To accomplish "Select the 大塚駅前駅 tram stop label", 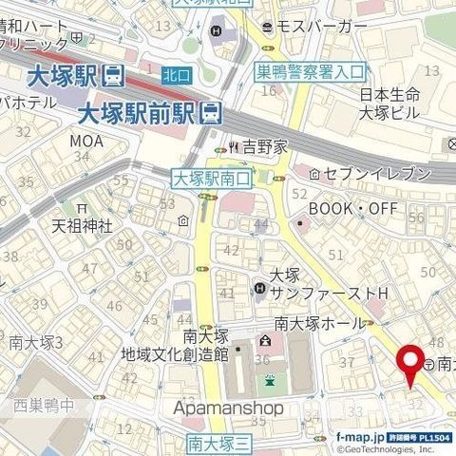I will (133, 112).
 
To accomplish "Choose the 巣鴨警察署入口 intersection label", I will (311, 70).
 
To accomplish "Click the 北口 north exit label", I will (176, 72).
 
